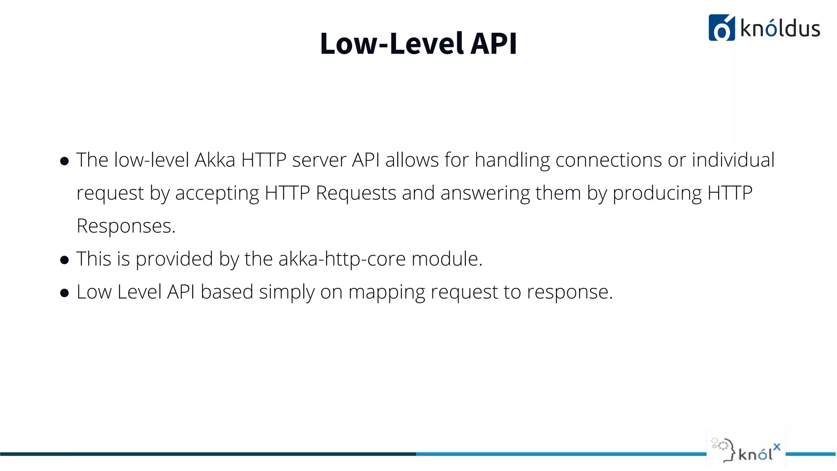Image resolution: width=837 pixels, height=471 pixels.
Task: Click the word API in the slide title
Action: pos(494,43)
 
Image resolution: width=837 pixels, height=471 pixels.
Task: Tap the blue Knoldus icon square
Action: pos(721,28)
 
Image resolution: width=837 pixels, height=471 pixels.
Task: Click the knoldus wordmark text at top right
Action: pos(780,29)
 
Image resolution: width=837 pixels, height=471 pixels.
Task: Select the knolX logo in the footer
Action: pos(746,450)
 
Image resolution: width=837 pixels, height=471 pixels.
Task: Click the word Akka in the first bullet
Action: pos(215,160)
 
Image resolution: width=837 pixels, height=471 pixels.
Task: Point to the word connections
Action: pos(609,160)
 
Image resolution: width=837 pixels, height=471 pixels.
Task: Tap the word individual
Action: pos(733,160)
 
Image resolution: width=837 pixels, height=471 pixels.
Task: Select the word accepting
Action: pos(217,193)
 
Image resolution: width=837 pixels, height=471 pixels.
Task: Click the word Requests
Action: pos(356,193)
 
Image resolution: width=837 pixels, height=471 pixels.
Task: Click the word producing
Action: pos(657,193)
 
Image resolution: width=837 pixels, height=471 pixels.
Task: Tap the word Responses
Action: pos(126,226)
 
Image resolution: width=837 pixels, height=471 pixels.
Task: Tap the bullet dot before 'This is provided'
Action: pos(64,260)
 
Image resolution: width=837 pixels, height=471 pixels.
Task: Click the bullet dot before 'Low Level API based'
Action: pos(64,293)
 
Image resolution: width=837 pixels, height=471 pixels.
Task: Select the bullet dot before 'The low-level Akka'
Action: pos(64,161)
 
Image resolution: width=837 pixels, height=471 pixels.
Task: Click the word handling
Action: pos(512,160)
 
